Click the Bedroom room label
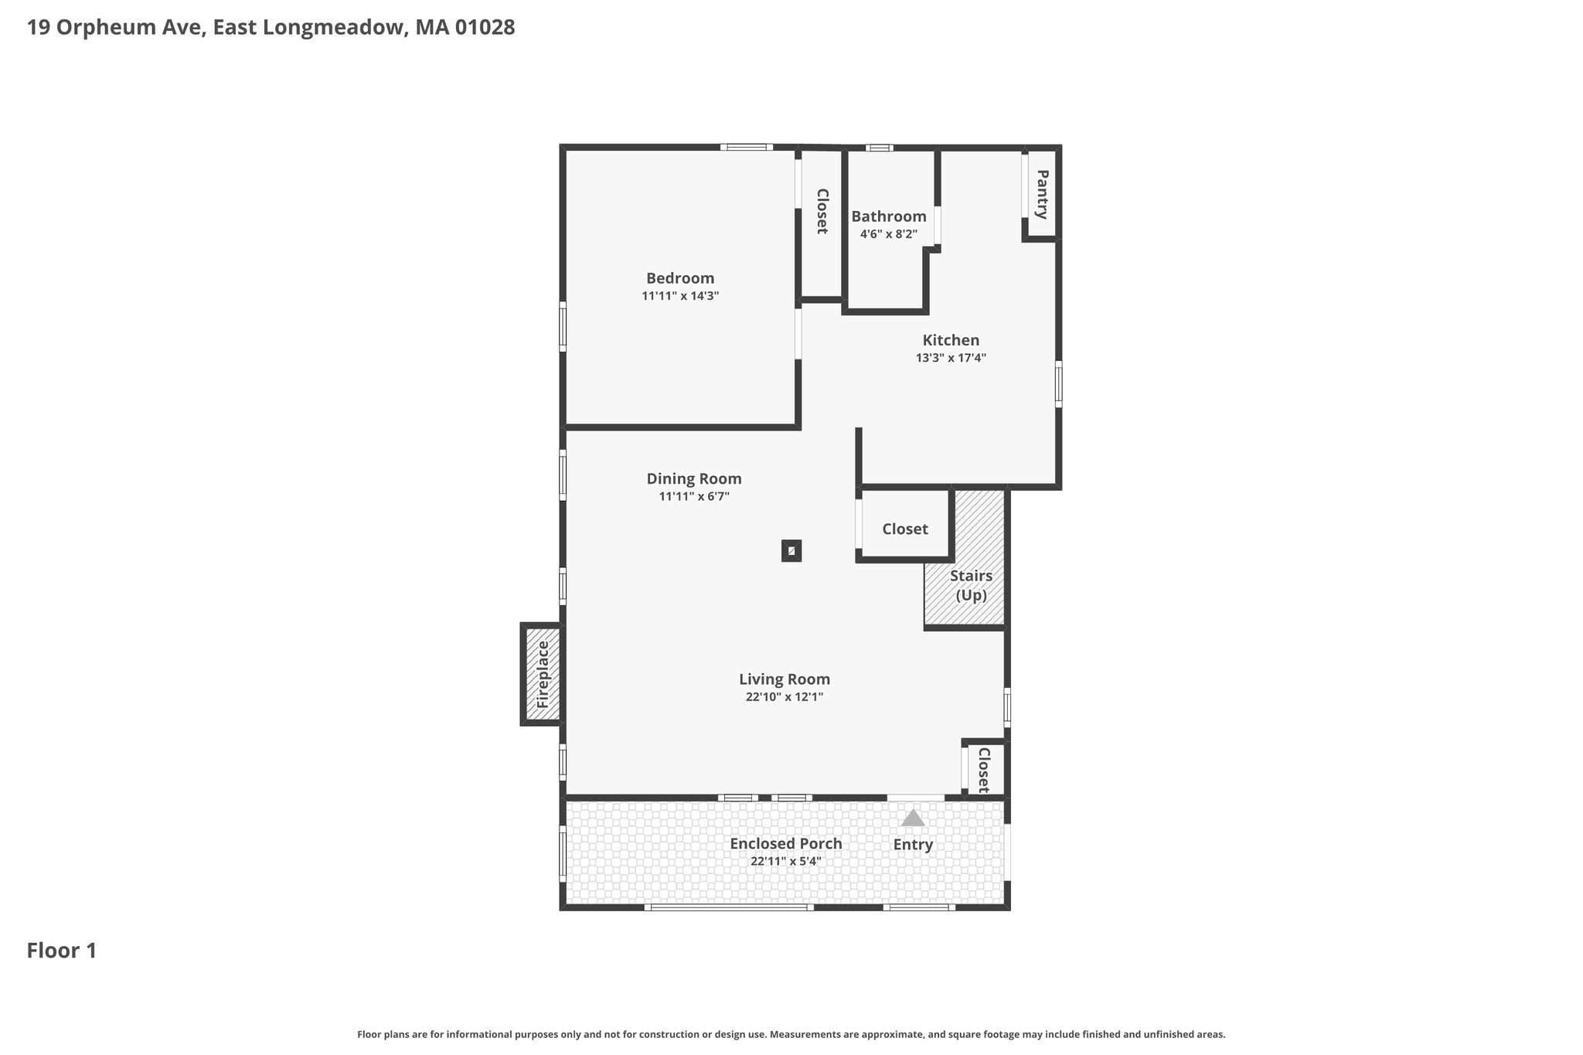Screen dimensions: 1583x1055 coord(680,278)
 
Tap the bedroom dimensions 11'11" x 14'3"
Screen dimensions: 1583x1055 coord(680,296)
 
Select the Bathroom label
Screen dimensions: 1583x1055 coord(889,216)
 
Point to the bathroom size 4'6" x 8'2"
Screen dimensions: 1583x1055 coord(889,234)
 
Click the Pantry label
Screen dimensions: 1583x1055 coord(1042,194)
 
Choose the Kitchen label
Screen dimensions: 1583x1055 coord(951,340)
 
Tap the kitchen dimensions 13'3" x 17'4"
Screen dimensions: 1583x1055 coord(951,358)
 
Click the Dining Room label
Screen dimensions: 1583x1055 coord(694,478)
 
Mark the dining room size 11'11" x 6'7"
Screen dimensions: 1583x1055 coord(694,496)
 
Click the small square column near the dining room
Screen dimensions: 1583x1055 coord(791,550)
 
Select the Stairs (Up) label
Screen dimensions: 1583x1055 coord(971,585)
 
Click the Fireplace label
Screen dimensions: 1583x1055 coord(543,675)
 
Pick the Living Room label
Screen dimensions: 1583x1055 coord(785,679)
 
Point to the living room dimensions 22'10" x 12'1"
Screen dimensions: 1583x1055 coord(785,697)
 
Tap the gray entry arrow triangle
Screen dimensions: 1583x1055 coord(913,818)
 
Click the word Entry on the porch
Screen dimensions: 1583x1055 coord(913,845)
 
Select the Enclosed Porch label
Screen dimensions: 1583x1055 coord(786,843)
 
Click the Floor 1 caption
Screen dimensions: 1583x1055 coord(62,951)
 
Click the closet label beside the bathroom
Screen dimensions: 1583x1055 coord(822,211)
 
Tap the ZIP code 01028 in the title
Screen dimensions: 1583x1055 coord(485,28)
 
